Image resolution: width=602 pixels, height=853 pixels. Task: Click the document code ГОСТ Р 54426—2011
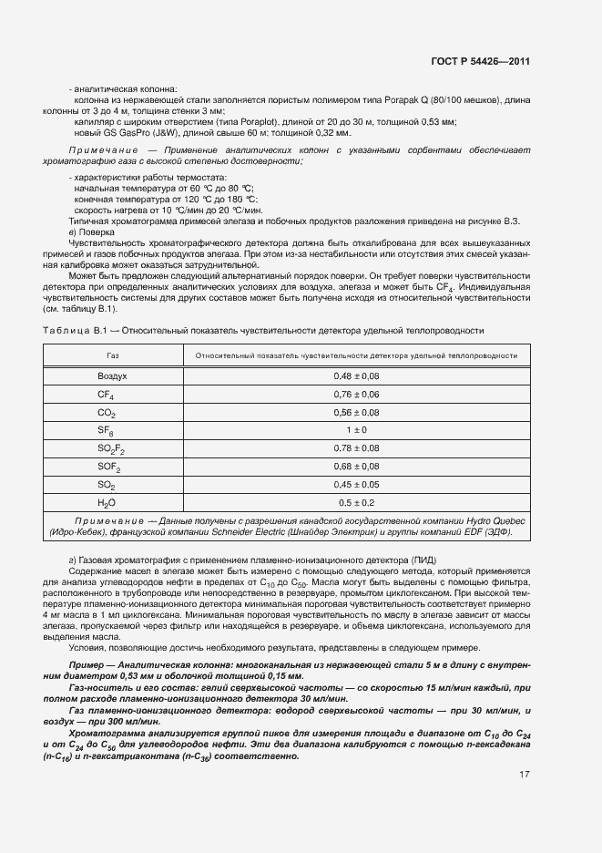(x=480, y=61)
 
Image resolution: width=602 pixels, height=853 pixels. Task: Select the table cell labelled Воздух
(x=112, y=376)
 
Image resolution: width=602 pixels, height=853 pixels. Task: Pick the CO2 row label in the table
(x=107, y=413)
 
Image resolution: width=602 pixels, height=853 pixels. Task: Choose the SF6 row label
(x=106, y=430)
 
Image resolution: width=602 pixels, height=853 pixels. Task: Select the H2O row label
(x=107, y=502)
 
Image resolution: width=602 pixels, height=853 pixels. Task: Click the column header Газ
(x=112, y=355)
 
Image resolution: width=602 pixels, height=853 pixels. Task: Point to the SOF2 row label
(x=109, y=467)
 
